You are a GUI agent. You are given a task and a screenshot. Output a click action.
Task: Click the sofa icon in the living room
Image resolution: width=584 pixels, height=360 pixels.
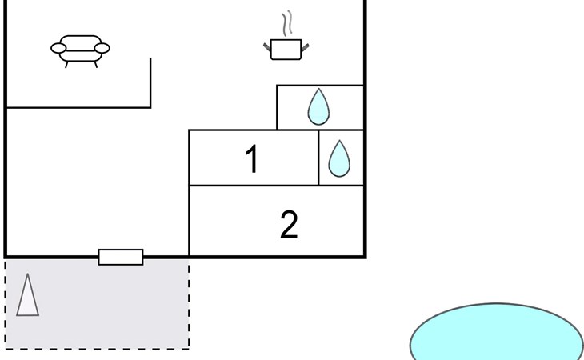coord(80,51)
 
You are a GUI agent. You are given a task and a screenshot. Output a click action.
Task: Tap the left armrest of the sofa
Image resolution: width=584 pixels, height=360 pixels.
coord(58,48)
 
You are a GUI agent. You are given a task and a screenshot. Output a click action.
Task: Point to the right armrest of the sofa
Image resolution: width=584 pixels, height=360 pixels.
coord(102,48)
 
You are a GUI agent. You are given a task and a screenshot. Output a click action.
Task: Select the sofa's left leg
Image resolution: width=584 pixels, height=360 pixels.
coord(66,65)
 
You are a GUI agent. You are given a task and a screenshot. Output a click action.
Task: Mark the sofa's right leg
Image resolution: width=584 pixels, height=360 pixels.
coord(96,65)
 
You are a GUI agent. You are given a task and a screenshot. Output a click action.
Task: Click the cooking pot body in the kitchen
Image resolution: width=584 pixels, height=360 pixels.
coord(286,49)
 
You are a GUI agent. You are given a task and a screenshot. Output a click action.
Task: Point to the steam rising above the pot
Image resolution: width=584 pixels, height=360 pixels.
coord(286,23)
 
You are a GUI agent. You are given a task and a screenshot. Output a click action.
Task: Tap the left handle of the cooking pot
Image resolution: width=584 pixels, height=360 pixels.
coord(267,47)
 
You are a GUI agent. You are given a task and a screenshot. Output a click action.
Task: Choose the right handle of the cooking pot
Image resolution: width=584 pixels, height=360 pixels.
coord(305,48)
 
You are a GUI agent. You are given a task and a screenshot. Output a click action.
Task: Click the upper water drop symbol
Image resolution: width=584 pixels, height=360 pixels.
coord(318,106)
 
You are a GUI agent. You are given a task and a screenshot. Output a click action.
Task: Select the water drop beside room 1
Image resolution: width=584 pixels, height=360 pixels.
coord(339,158)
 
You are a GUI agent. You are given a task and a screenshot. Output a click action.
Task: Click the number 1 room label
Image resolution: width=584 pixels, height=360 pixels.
coord(252,159)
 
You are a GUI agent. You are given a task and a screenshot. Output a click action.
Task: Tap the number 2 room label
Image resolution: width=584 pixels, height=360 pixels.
coord(289,225)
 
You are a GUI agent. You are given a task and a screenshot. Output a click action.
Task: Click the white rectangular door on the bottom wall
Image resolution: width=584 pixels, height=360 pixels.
coord(121,257)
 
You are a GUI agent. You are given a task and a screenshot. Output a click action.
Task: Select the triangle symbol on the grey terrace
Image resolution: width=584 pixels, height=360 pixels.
coord(27,294)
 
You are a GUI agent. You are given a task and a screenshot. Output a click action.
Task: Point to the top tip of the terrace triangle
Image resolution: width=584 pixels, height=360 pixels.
coord(27,274)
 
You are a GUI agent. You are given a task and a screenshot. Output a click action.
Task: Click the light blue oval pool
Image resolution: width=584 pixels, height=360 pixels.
coord(497,332)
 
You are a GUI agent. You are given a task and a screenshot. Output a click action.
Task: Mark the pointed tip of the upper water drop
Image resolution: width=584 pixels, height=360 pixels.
coord(319,89)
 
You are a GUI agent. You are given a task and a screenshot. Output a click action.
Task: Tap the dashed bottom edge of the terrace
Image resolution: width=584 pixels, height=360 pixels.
coord(97,350)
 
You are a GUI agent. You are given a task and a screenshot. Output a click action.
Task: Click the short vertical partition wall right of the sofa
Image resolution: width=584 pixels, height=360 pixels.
coord(150,82)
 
